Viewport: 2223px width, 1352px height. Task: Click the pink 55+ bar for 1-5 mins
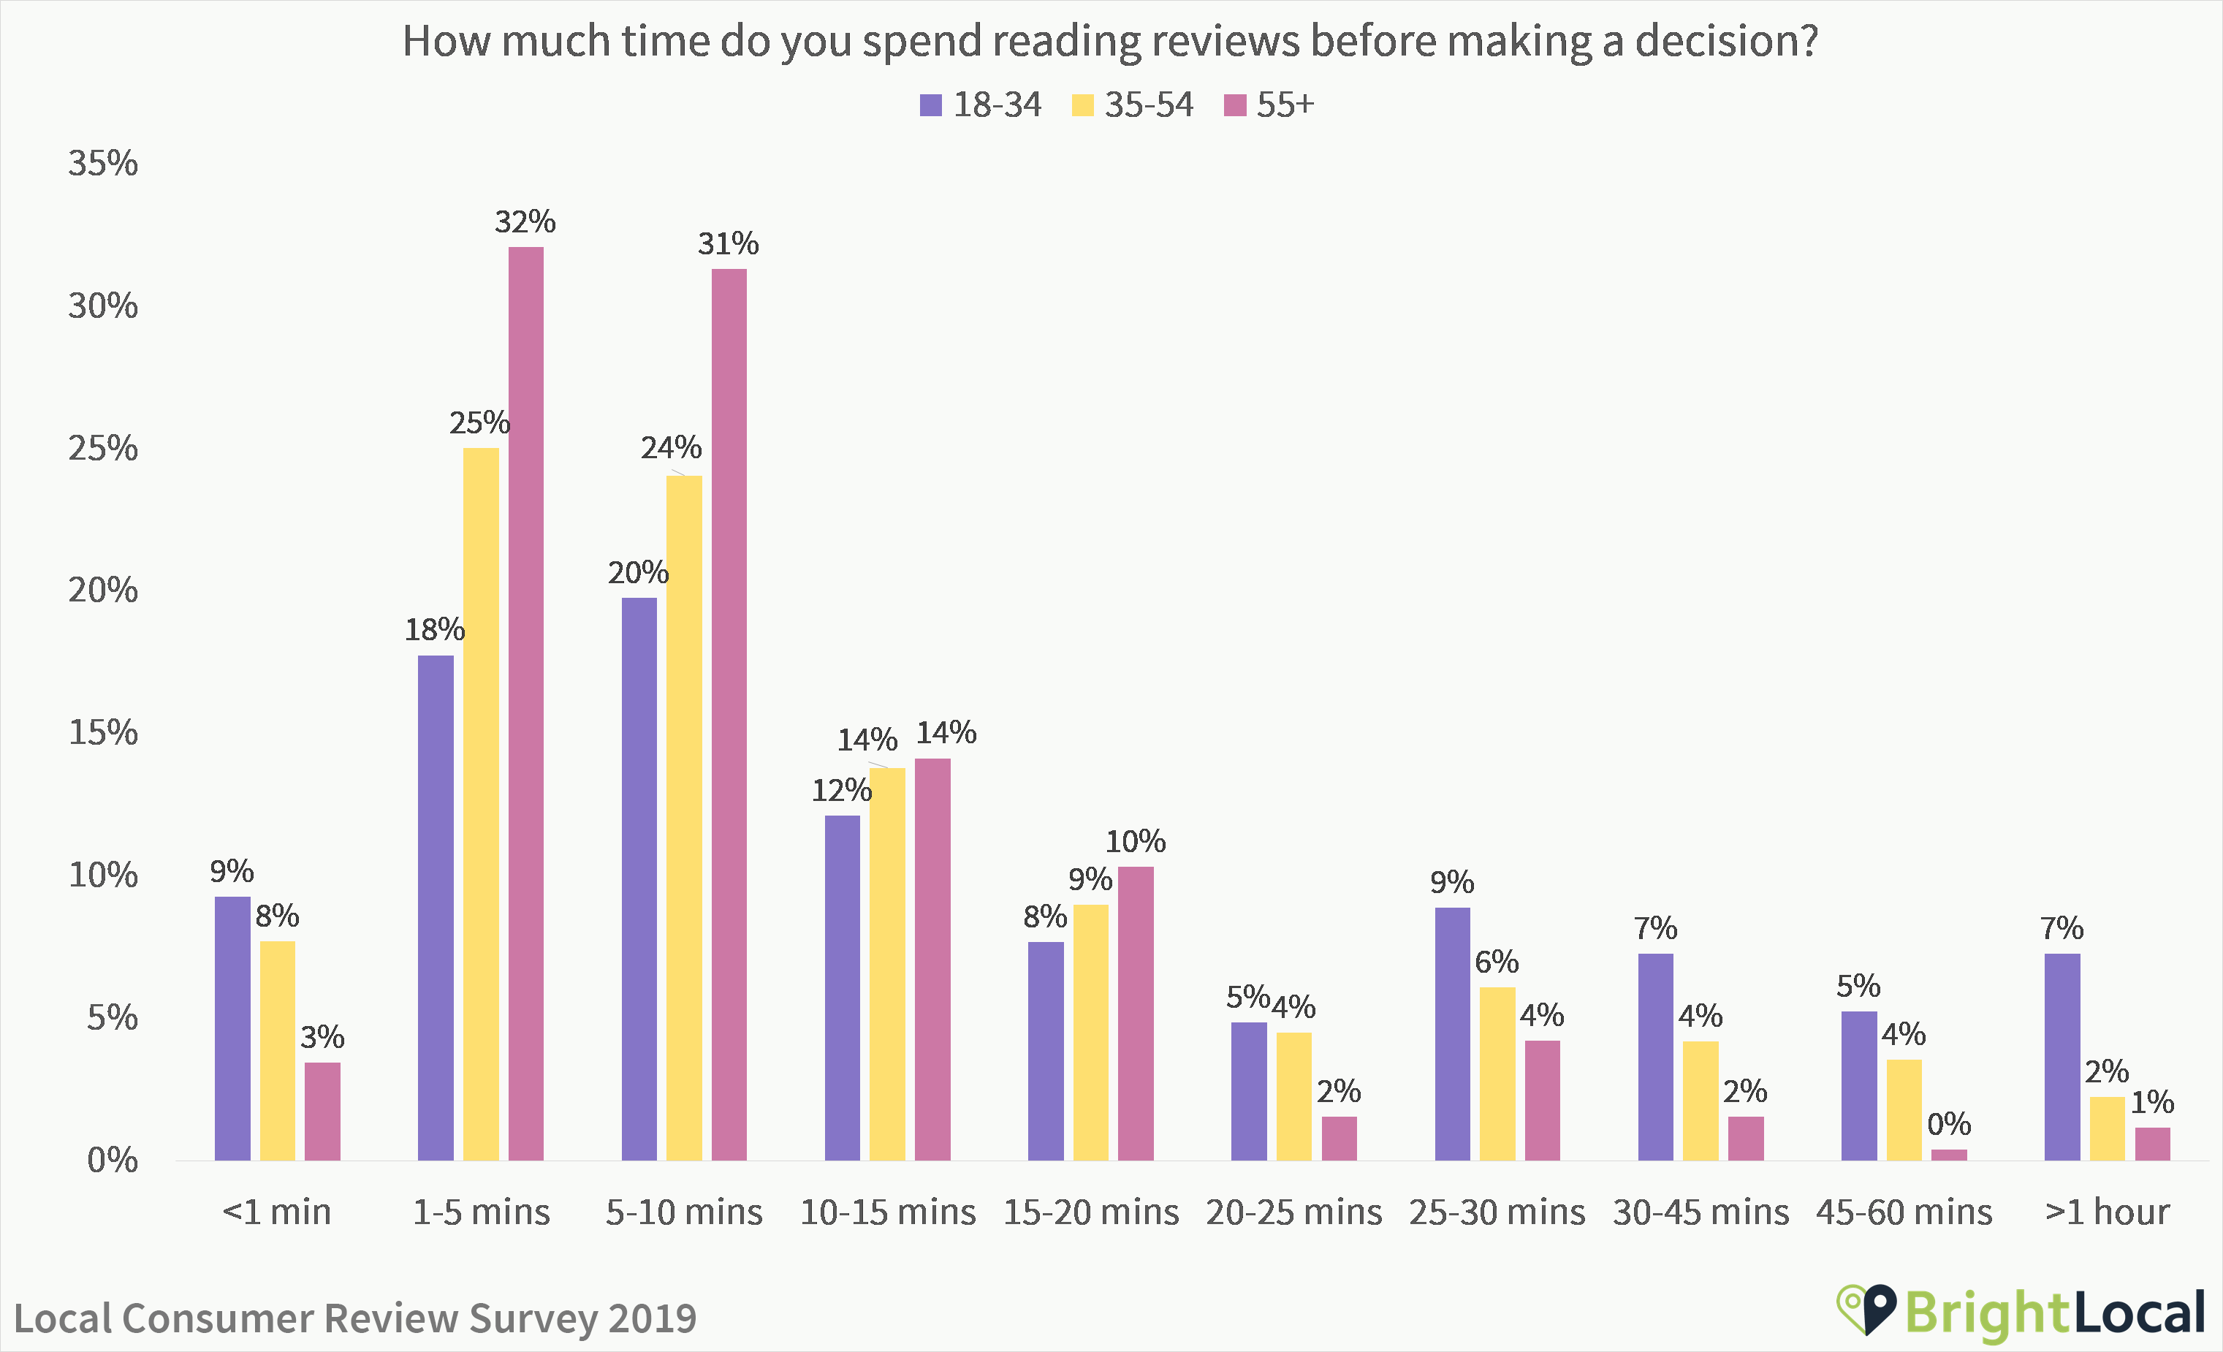tap(526, 704)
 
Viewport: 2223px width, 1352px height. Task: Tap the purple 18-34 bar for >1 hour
tap(2062, 1056)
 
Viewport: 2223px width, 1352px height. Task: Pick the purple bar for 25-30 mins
tap(1453, 1033)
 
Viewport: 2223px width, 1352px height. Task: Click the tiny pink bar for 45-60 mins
tap(1949, 1155)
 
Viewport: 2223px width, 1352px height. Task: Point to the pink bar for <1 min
tap(322, 1111)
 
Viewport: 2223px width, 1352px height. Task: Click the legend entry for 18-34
tap(981, 105)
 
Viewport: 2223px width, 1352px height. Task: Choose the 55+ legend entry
tap(1269, 105)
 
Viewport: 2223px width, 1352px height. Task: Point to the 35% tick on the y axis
tap(103, 164)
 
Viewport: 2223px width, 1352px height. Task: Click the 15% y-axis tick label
tap(103, 732)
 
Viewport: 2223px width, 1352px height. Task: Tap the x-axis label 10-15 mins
tap(888, 1211)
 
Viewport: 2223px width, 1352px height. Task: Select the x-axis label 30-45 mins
tap(1700, 1211)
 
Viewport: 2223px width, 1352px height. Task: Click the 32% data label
tap(525, 222)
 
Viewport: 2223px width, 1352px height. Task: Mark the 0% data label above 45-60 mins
tap(1949, 1125)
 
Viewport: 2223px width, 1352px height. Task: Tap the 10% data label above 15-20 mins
tap(1136, 842)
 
